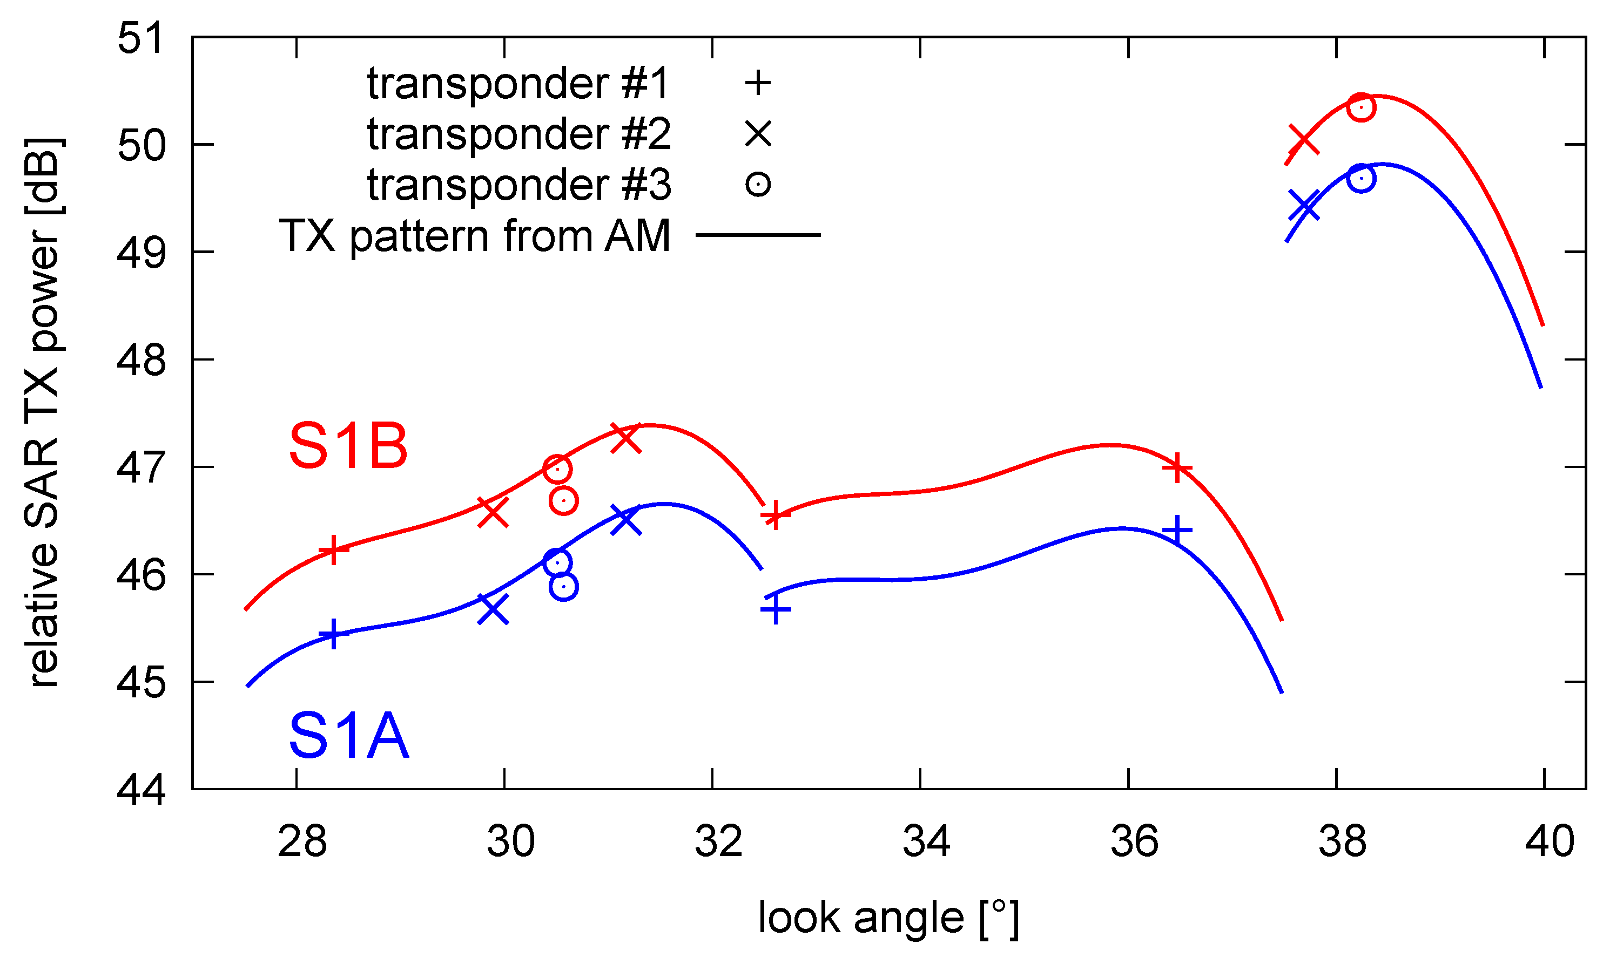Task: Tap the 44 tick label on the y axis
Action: (140, 790)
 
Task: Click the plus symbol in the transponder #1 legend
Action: (758, 83)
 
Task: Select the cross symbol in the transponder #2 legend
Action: (758, 134)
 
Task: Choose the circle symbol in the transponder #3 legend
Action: (758, 185)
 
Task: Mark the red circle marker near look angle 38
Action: (1361, 107)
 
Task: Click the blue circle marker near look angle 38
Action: (1361, 178)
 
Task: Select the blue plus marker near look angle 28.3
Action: (333, 634)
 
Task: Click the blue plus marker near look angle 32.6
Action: (776, 609)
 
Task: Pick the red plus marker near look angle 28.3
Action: (333, 550)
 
